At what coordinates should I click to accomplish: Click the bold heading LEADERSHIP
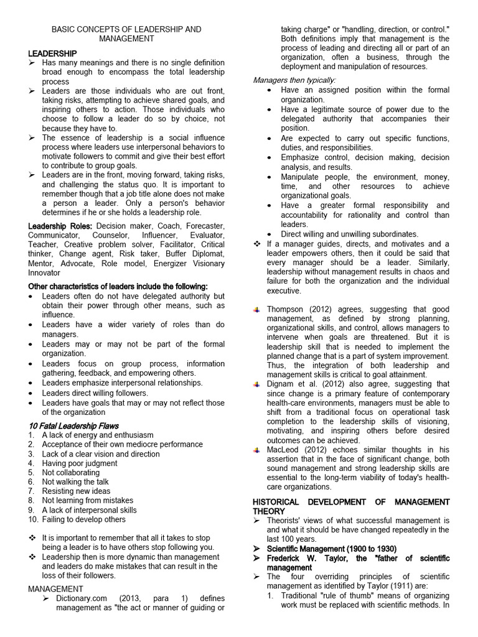[53, 54]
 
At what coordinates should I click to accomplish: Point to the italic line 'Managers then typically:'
[294, 80]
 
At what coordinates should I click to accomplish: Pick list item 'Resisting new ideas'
[76, 491]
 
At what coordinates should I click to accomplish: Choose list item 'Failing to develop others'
[83, 519]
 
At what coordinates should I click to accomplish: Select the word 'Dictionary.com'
[72, 598]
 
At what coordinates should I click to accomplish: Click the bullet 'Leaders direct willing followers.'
[95, 393]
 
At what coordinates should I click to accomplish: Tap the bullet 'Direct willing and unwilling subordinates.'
[350, 234]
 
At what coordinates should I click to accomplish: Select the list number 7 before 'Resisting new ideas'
[31, 491]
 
